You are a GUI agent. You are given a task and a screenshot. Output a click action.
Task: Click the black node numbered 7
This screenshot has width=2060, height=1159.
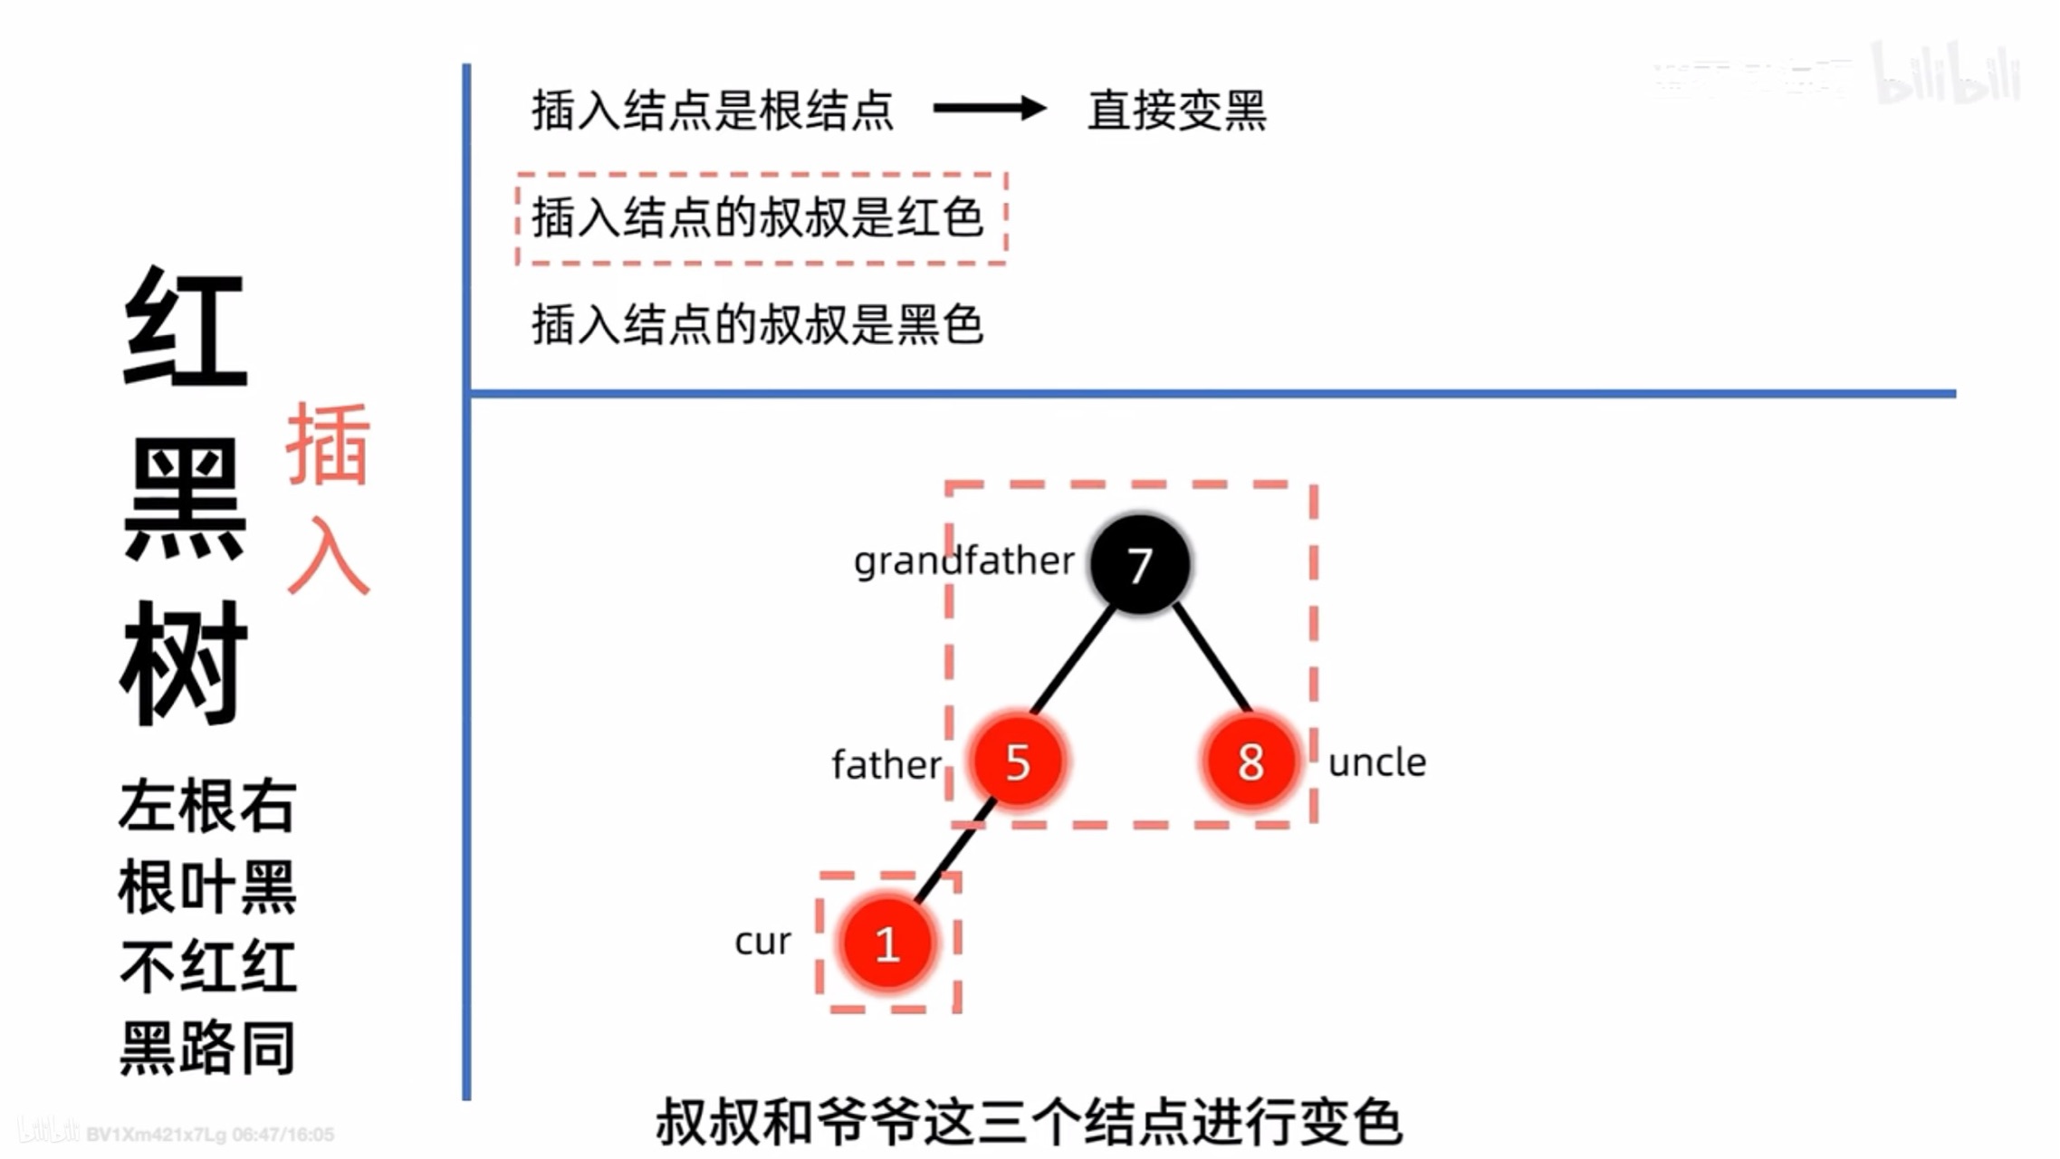pyautogui.click(x=1139, y=564)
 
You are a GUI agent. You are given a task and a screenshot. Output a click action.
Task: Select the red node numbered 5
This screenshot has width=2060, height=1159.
pyautogui.click(x=1017, y=761)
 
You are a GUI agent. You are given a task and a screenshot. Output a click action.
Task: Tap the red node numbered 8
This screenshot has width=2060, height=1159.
pyautogui.click(x=1250, y=761)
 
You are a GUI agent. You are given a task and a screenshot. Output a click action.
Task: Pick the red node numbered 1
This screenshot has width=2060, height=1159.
pyautogui.click(x=887, y=943)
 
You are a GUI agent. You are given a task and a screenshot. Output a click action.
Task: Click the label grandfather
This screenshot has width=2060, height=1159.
pyautogui.click(x=963, y=561)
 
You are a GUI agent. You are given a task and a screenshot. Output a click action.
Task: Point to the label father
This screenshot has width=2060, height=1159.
pyautogui.click(x=886, y=765)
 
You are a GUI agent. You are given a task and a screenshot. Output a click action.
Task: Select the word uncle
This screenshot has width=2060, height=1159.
pyautogui.click(x=1376, y=762)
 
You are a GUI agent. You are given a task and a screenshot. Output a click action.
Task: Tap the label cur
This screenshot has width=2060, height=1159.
pyautogui.click(x=762, y=942)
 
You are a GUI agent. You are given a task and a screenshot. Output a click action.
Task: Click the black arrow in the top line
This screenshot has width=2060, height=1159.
pyautogui.click(x=989, y=109)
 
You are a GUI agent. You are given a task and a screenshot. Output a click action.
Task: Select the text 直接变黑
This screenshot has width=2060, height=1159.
pyautogui.click(x=1176, y=110)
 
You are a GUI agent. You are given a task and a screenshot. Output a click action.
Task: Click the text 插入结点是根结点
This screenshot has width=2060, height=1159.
pyautogui.click(x=713, y=110)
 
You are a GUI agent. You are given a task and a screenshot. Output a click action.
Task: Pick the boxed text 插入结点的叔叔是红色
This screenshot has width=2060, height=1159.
pyautogui.click(x=758, y=218)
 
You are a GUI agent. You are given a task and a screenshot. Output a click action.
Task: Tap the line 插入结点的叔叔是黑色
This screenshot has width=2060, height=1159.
pyautogui.click(x=757, y=324)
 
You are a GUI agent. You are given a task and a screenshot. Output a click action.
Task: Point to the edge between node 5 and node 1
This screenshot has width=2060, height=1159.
pyautogui.click(x=953, y=851)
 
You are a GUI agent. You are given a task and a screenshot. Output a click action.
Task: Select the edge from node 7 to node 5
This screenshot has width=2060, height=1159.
pyautogui.click(x=1074, y=660)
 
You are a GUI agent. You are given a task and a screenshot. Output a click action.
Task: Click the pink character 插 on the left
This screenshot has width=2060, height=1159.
pyautogui.click(x=328, y=444)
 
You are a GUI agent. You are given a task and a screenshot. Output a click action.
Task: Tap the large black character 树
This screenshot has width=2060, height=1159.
pyautogui.click(x=184, y=663)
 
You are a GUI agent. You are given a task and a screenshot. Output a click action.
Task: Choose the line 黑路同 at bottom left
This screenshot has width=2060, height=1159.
pyautogui.click(x=207, y=1048)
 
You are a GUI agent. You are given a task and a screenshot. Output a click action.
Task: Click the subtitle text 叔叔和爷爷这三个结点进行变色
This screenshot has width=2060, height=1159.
pyautogui.click(x=1029, y=1122)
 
